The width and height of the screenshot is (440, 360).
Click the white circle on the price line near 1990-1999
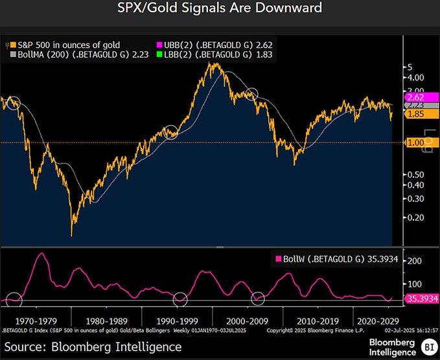(171, 132)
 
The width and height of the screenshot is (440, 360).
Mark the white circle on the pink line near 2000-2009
(259, 298)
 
